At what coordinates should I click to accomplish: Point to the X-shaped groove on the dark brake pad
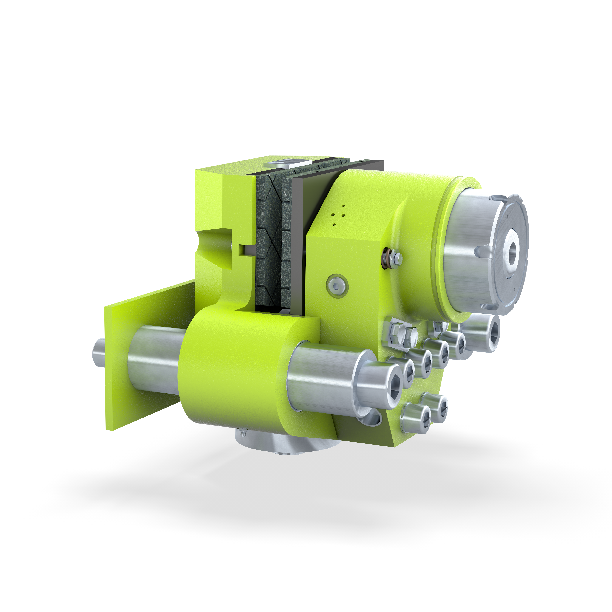click(269, 241)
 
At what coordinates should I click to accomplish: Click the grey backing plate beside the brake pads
click(298, 241)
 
